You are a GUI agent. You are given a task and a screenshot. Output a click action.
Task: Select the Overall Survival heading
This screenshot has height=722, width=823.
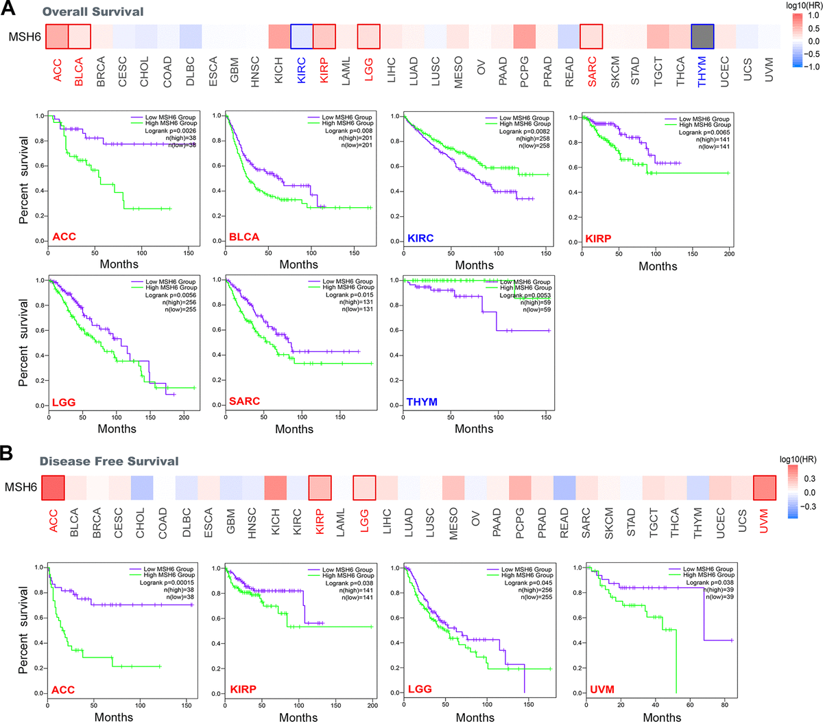tap(93, 12)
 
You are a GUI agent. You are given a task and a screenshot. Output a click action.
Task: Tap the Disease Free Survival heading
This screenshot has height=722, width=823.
tap(108, 461)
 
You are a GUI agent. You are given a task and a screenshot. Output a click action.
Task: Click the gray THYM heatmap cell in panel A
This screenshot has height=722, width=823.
tap(702, 36)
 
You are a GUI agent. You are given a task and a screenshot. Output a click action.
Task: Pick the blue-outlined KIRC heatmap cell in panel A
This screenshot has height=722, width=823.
tap(302, 36)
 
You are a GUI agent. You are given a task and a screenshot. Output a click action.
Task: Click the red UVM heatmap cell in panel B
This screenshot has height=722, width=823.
tap(764, 488)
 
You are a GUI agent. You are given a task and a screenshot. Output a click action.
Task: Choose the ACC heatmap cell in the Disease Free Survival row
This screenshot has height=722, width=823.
tap(53, 488)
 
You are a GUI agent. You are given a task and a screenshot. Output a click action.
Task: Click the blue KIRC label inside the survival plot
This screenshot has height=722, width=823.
tap(420, 238)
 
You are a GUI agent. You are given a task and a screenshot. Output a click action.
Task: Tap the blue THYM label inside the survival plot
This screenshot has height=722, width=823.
tap(422, 401)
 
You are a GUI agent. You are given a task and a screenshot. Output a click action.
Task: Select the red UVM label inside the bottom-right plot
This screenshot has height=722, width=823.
tap(601, 689)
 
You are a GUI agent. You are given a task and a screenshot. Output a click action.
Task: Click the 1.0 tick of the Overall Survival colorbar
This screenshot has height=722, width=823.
tap(814, 16)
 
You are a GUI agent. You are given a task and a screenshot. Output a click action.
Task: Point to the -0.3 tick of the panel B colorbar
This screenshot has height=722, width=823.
tap(809, 506)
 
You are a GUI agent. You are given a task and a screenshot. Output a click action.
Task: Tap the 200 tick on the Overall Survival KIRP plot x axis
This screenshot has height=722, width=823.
tap(729, 253)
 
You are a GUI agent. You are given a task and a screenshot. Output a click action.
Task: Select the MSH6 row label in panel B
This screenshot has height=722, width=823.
tap(21, 487)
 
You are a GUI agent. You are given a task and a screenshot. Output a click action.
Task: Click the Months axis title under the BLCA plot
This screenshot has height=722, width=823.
tap(298, 264)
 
